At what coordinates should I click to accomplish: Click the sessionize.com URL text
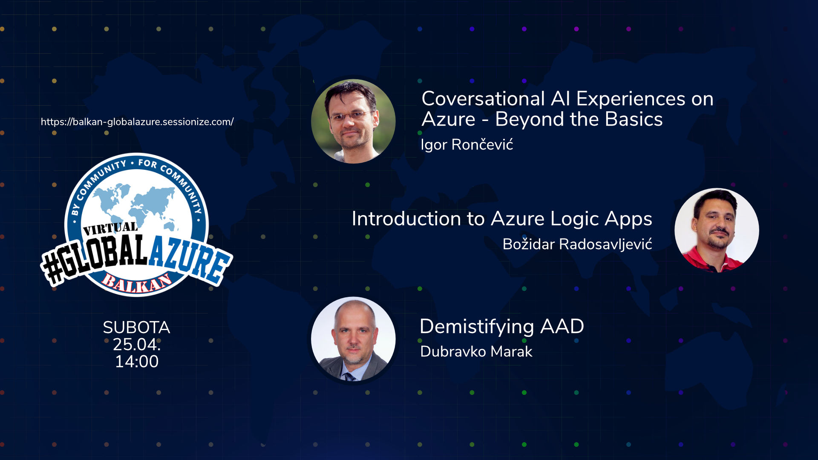(137, 122)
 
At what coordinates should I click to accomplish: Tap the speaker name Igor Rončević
(467, 145)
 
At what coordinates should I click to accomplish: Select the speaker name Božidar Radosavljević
(577, 244)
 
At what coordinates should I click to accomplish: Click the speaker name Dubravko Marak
(476, 352)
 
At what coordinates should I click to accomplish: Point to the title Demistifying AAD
(502, 327)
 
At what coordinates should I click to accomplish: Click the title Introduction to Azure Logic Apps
(502, 219)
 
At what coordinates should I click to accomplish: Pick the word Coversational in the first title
(483, 99)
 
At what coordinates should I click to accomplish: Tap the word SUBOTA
(136, 328)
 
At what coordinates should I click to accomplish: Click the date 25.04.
(137, 345)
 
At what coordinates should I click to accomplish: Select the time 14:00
(137, 362)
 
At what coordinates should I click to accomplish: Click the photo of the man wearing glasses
(353, 121)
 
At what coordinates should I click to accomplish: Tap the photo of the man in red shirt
(717, 230)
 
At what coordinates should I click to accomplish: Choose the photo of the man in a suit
(353, 339)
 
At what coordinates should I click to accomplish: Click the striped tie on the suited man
(350, 377)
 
